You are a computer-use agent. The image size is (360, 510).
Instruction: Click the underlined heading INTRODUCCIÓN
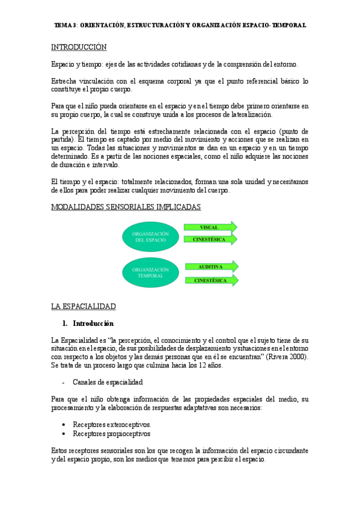coord(79,46)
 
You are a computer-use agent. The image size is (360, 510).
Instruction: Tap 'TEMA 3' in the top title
coord(65,25)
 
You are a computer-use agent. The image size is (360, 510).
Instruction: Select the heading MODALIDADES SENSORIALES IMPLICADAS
coord(126,206)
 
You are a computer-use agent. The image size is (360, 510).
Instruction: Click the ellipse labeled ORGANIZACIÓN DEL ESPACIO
coord(150,236)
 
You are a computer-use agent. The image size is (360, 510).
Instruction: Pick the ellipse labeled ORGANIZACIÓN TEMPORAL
coord(150,274)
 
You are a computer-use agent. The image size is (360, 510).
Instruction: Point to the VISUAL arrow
coord(210,227)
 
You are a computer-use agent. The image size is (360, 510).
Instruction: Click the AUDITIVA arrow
coord(210,266)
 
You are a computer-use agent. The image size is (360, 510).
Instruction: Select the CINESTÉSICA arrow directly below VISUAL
coord(210,239)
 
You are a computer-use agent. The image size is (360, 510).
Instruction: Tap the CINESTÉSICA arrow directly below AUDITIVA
coord(210,280)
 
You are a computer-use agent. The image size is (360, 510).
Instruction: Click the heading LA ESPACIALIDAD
coord(83,306)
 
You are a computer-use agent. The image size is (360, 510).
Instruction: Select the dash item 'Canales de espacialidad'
coord(108,382)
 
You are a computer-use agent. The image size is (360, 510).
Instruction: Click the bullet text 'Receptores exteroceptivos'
coord(112,424)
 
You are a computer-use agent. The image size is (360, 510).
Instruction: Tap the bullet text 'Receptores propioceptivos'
coord(112,433)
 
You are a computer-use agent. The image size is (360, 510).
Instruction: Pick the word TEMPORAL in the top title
coord(289,25)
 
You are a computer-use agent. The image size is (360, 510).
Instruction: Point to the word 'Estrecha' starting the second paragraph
coord(64,81)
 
